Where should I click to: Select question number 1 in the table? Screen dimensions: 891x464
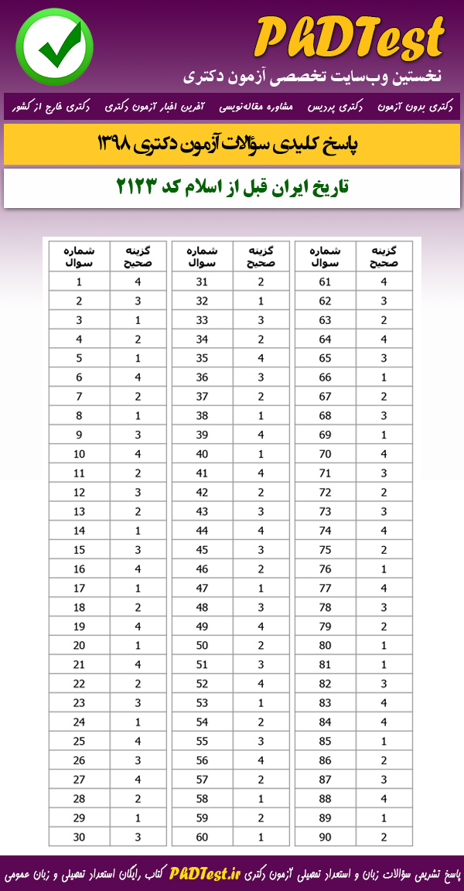pyautogui.click(x=79, y=282)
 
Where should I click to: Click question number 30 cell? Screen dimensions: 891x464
pyautogui.click(x=79, y=836)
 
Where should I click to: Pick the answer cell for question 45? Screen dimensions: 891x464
pyautogui.click(x=261, y=549)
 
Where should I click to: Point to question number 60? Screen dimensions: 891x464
pyautogui.click(x=202, y=836)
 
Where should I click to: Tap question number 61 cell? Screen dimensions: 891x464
pyautogui.click(x=325, y=282)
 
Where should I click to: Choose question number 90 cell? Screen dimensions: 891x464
pyautogui.click(x=325, y=836)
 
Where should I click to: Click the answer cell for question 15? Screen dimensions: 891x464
pyautogui.click(x=138, y=549)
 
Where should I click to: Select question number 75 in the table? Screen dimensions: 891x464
pyautogui.click(x=325, y=549)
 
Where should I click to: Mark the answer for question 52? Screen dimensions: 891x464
pyautogui.click(x=261, y=683)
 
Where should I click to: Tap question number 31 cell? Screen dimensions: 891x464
pyautogui.click(x=202, y=282)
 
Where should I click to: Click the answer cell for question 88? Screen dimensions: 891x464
pyautogui.click(x=384, y=798)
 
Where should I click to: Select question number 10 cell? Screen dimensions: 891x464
pyautogui.click(x=79, y=453)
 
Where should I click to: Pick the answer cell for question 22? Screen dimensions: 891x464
pyautogui.click(x=138, y=683)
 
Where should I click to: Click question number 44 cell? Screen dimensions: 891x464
pyautogui.click(x=202, y=530)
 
